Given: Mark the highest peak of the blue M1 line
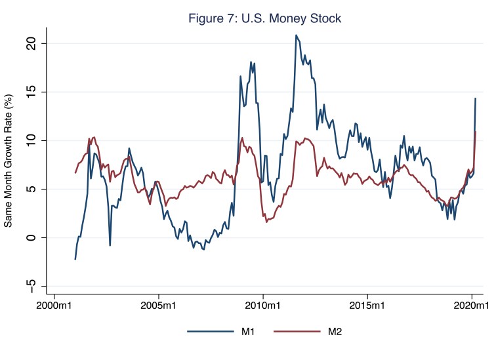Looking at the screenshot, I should coord(296,35).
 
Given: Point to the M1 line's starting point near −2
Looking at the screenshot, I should coord(75,258).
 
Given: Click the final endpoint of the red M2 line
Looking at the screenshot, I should coord(475,132).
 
